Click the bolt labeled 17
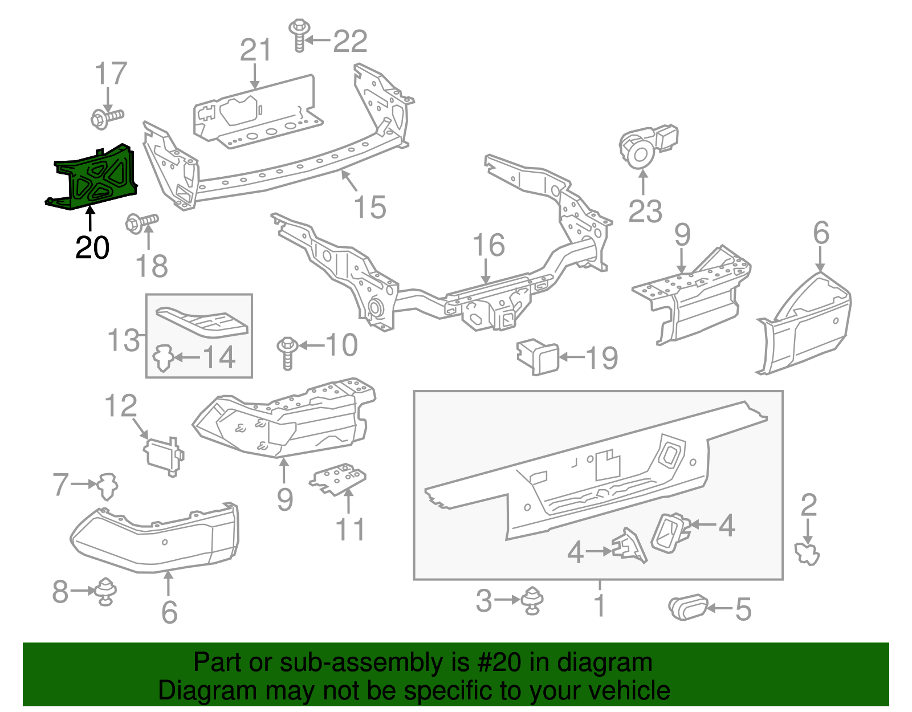coord(106,118)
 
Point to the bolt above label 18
coord(141,222)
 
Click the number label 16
coord(488,245)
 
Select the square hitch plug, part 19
coord(538,357)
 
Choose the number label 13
coord(124,340)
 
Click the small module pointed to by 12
coord(163,455)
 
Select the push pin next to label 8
coord(106,591)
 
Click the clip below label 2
coord(807,554)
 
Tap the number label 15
coord(370,208)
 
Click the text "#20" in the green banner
coord(495,663)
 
